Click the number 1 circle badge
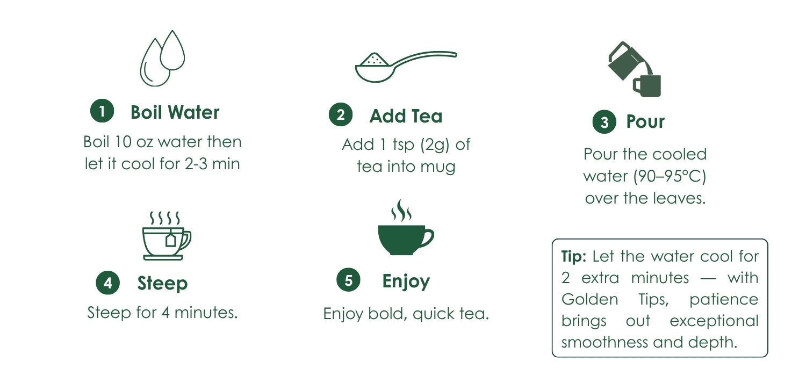102,111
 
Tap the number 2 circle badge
341,115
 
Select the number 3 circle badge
604,121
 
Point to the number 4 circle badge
108,283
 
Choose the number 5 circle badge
348,280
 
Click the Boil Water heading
175,112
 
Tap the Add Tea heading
406,116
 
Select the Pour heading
645,121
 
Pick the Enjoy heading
406,281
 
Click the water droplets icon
162,59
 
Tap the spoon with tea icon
406,67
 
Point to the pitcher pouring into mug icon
635,69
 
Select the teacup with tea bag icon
167,236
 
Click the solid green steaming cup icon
406,227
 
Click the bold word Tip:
573,257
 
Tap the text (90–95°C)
670,176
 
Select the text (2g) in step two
435,145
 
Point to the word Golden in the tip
590,299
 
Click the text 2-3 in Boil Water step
196,164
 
